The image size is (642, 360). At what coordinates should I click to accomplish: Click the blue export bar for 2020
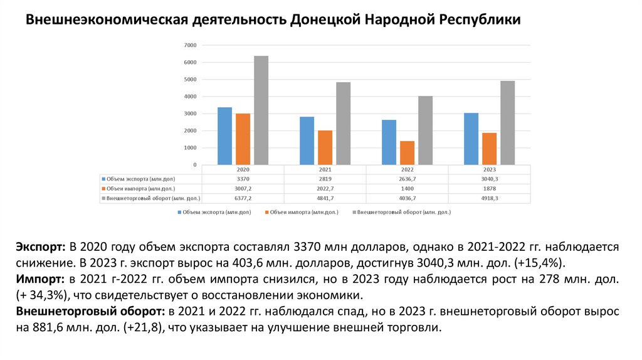click(x=224, y=136)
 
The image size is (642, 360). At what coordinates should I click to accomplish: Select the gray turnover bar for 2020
click(x=261, y=110)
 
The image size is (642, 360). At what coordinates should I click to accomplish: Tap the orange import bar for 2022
click(x=407, y=153)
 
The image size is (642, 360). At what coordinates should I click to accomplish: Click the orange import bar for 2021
click(x=325, y=147)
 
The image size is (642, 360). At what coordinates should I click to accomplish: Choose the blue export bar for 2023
click(x=471, y=139)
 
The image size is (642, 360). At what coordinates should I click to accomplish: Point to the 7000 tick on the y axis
click(x=190, y=45)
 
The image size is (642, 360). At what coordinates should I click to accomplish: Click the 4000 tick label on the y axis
click(x=190, y=97)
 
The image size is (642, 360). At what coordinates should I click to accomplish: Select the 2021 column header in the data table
click(x=325, y=170)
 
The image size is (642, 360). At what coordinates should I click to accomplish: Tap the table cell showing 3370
click(x=243, y=179)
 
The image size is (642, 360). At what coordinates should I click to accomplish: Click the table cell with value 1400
click(x=407, y=188)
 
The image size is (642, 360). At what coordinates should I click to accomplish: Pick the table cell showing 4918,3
click(x=490, y=198)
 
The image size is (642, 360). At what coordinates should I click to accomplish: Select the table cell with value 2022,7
click(x=325, y=188)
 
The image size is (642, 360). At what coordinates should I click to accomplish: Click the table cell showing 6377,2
click(x=243, y=198)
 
